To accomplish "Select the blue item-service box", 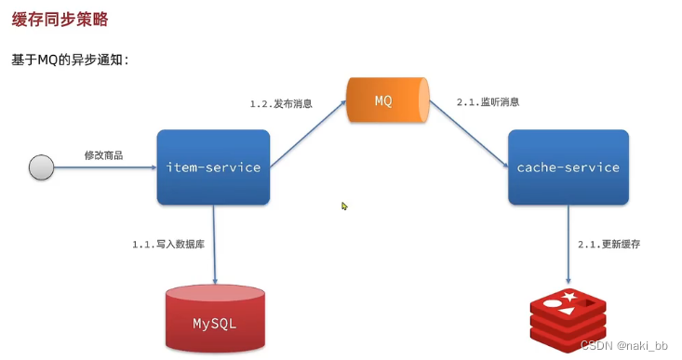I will point(213,167).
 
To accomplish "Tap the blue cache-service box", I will point(568,167).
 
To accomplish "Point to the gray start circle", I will point(41,167).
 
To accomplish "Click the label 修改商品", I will point(103,154).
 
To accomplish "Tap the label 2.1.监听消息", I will point(488,101).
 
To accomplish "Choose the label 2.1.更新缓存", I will point(608,244).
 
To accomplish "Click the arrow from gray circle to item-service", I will point(104,167).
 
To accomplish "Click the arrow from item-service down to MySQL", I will point(215,244).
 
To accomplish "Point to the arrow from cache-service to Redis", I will point(568,244).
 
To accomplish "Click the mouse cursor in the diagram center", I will point(344,207).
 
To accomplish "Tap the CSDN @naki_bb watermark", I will point(624,344).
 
